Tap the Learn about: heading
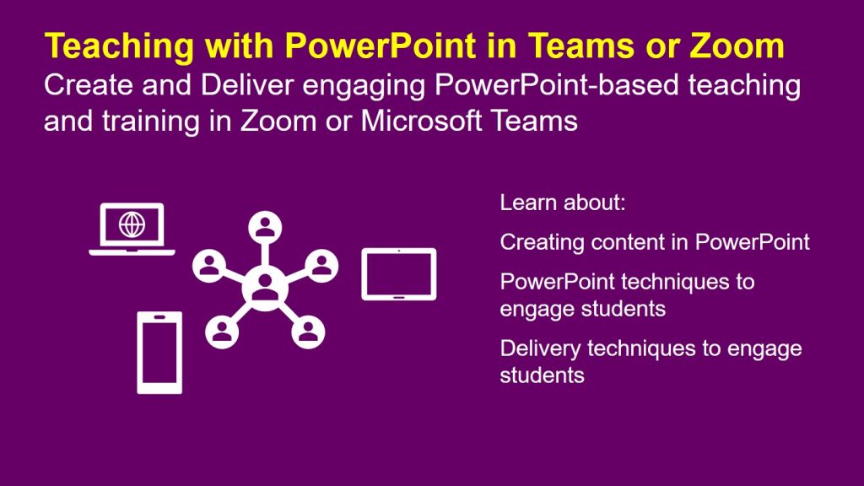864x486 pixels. pyautogui.click(x=563, y=203)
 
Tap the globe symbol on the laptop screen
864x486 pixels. pyautogui.click(x=132, y=224)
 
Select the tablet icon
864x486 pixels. pyautogui.click(x=398, y=274)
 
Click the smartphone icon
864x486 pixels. pyautogui.click(x=159, y=353)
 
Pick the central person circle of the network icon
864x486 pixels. pyautogui.click(x=265, y=287)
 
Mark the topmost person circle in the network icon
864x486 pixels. pyautogui.click(x=265, y=227)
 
